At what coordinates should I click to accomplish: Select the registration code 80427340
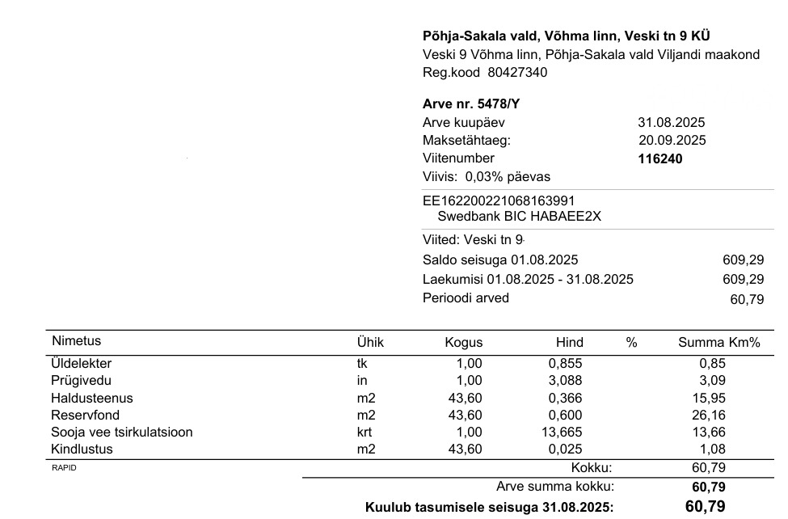(x=517, y=72)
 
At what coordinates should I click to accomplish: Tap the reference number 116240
(x=660, y=158)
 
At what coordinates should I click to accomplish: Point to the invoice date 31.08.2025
(x=671, y=123)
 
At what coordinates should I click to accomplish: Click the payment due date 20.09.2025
(x=672, y=141)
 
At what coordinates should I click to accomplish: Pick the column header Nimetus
(x=76, y=341)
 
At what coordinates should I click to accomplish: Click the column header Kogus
(x=463, y=342)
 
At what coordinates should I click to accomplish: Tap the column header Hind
(x=569, y=342)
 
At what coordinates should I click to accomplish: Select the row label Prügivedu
(x=81, y=381)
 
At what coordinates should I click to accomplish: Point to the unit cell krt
(x=366, y=432)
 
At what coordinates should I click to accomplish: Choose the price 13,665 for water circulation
(x=561, y=432)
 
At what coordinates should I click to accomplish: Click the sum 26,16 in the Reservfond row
(x=710, y=415)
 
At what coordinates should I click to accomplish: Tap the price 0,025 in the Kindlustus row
(x=565, y=449)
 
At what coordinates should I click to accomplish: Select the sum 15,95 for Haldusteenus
(x=710, y=398)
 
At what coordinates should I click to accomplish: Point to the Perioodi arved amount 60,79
(x=746, y=299)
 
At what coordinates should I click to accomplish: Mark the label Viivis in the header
(x=439, y=176)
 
